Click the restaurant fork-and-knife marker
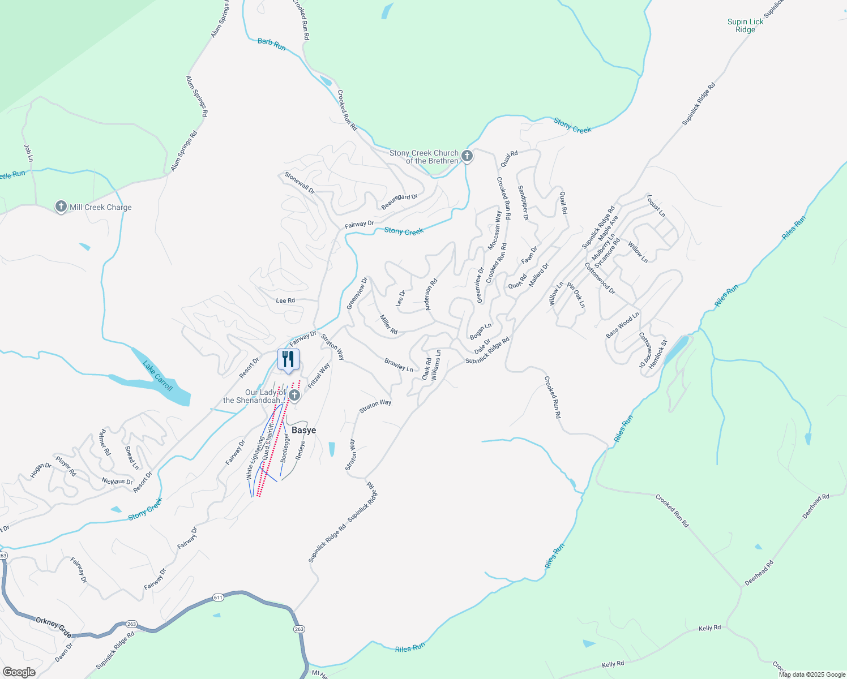tap(288, 359)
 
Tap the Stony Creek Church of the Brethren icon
tap(467, 156)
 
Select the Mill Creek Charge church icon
tap(61, 207)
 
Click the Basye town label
tap(303, 430)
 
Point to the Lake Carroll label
tap(158, 376)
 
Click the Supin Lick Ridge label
tap(745, 25)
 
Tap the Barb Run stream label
tap(272, 44)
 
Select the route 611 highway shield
tap(218, 598)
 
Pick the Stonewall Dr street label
tap(300, 183)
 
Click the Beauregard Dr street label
tap(399, 201)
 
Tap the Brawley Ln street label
tap(399, 365)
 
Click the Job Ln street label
tap(29, 153)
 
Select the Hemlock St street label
tap(658, 354)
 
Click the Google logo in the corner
tap(19, 672)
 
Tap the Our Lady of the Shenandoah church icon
tap(294, 395)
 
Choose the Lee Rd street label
tap(285, 300)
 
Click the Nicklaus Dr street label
tap(117, 482)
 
